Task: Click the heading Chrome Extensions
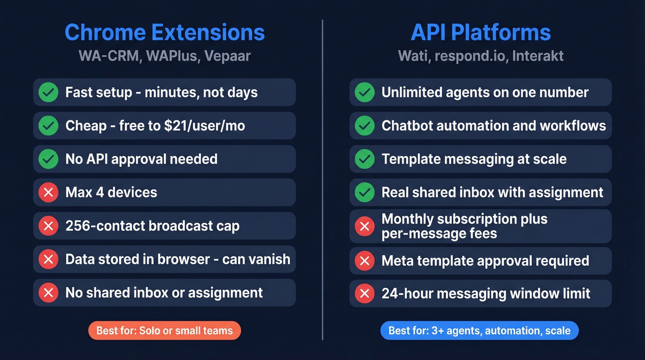click(164, 33)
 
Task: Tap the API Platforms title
click(481, 33)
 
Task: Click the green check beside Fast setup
click(48, 92)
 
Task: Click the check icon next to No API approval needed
click(48, 159)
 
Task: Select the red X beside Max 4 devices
click(48, 192)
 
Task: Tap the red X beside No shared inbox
click(48, 292)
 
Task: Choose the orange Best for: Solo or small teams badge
click(164, 330)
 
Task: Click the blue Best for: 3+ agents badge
click(479, 330)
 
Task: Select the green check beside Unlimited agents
click(364, 92)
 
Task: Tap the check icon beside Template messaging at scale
click(364, 159)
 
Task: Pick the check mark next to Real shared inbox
click(364, 192)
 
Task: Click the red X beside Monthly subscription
click(364, 226)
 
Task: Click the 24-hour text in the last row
click(405, 293)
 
